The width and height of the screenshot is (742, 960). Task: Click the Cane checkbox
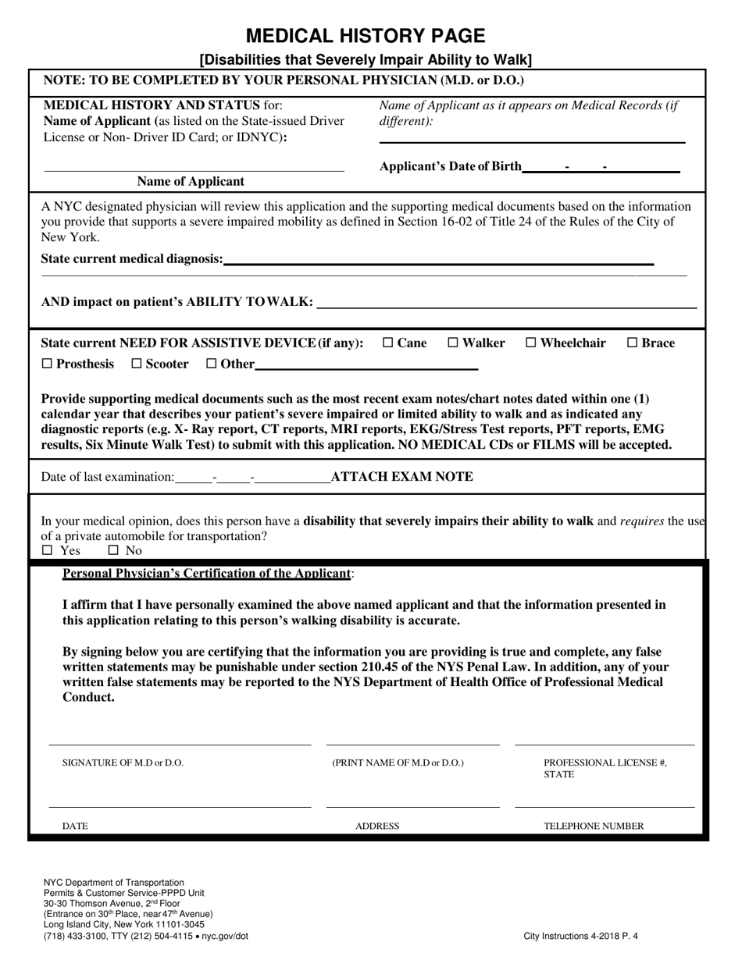(388, 343)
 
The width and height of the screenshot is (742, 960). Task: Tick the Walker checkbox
(453, 343)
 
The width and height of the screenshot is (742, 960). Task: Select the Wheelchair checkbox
(531, 343)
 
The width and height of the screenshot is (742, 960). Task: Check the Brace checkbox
(633, 343)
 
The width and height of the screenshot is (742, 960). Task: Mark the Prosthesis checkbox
(47, 364)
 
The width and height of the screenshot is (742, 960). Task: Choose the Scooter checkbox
(137, 364)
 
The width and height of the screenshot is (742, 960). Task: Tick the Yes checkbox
(48, 550)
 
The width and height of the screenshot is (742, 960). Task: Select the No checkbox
(113, 550)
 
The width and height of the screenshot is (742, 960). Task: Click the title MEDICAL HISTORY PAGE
(366, 36)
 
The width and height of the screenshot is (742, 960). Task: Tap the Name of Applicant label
(191, 182)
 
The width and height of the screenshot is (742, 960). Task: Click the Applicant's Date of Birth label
(450, 166)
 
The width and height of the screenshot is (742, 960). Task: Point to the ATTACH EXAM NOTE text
(401, 477)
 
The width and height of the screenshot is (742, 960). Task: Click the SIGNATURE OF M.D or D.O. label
(123, 763)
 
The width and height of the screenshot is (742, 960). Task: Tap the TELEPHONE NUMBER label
(594, 826)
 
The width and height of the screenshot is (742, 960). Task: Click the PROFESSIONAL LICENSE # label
(605, 763)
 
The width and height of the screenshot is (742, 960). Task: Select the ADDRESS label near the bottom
(377, 826)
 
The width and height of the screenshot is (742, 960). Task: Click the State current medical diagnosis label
(131, 259)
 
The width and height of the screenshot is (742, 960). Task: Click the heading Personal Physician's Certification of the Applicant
(207, 574)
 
